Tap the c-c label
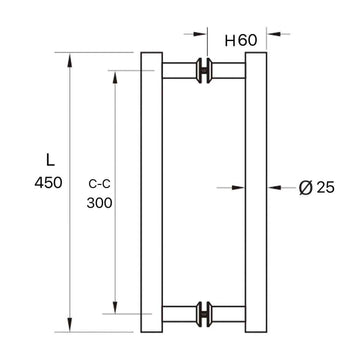100,182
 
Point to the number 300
100,201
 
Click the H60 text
240,40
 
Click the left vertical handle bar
151,189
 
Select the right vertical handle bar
255,189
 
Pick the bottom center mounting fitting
205,312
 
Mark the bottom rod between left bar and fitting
180,312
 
